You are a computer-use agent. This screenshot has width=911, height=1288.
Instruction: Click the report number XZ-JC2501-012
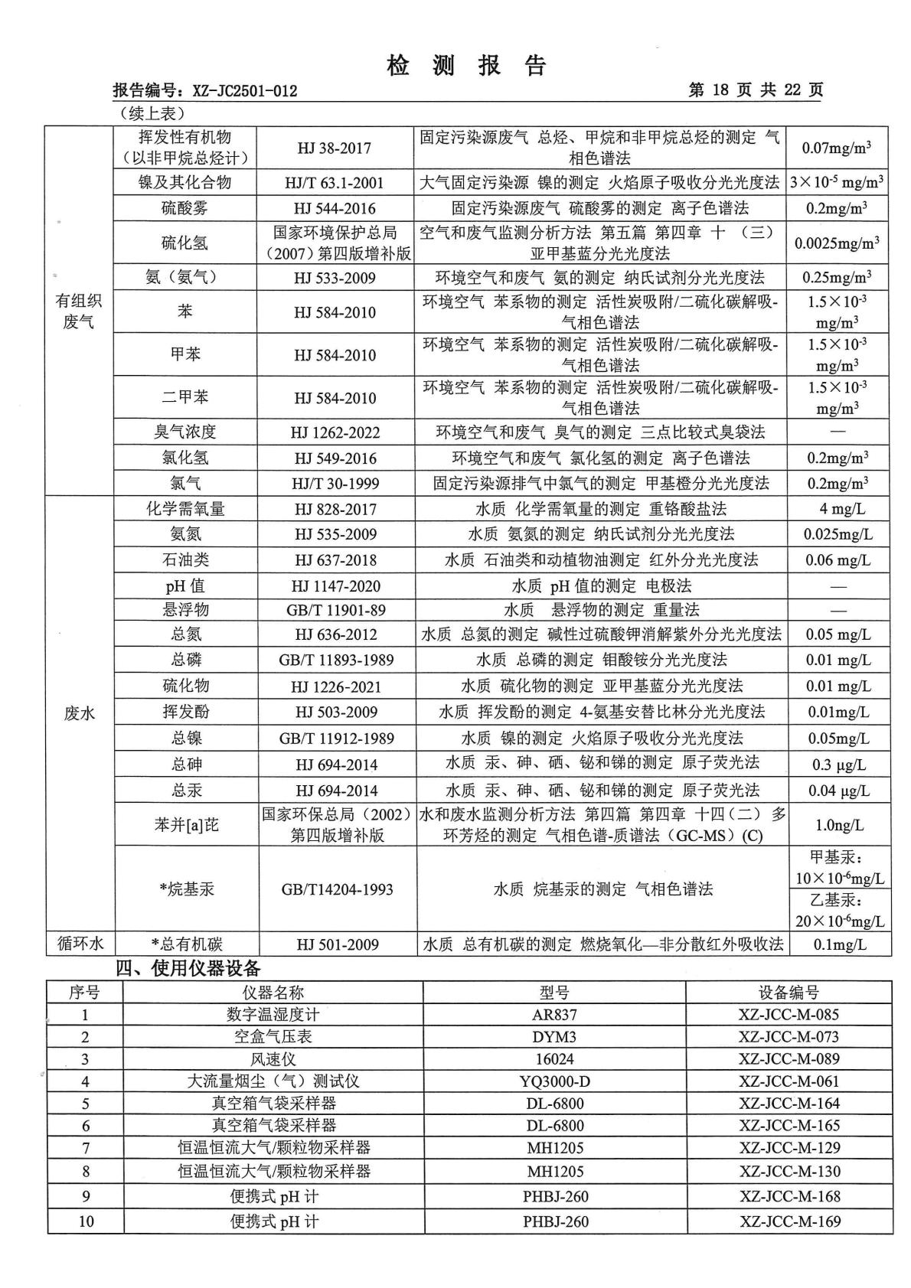point(244,91)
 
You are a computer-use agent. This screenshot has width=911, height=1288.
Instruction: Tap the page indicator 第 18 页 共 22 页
point(755,90)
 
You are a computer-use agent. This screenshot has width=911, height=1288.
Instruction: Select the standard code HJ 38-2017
point(335,148)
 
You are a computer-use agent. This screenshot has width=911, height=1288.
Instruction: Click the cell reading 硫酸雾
point(184,208)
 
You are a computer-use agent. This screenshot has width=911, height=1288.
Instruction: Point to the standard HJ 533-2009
point(335,278)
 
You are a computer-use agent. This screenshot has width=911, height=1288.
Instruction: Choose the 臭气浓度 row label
point(184,432)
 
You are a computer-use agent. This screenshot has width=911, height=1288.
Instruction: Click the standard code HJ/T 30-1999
point(335,483)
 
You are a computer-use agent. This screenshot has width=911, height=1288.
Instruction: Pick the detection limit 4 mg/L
point(838,509)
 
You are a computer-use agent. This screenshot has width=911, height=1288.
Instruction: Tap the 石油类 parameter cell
point(184,560)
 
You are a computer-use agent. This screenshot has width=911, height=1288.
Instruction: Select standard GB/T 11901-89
point(335,610)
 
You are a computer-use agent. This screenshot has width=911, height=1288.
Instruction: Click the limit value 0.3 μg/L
point(838,765)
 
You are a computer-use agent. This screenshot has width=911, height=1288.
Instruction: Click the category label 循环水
point(80,944)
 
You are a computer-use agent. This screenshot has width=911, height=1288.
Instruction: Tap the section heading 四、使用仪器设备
point(188,968)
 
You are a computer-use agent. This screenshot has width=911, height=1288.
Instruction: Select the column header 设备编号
point(789,993)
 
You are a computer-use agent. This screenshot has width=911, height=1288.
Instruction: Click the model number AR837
point(554,1015)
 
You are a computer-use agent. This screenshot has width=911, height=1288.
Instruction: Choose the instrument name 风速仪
point(273,1059)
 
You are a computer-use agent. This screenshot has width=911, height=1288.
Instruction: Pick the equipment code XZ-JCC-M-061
point(789,1081)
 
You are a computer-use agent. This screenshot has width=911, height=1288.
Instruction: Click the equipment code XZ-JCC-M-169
point(789,1221)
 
